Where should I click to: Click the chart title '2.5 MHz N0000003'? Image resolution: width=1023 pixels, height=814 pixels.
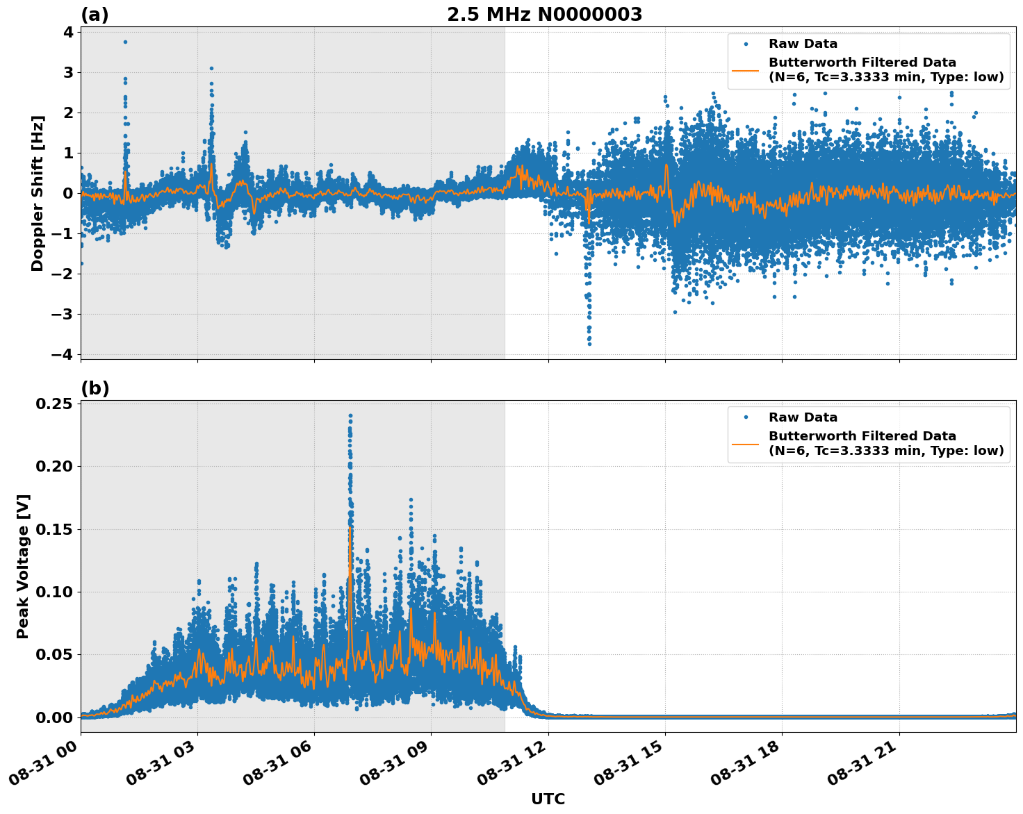coord(544,15)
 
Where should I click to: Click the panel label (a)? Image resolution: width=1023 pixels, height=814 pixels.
coord(95,15)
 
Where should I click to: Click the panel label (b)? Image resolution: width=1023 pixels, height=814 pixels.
coord(95,388)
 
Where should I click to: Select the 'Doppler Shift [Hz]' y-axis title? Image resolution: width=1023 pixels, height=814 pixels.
coord(38,193)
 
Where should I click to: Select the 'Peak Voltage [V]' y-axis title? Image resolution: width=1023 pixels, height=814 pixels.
coord(23,566)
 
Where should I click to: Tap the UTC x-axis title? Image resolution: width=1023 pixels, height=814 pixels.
coord(548,799)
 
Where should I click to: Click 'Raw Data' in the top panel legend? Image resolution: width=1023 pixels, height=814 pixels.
coord(803,44)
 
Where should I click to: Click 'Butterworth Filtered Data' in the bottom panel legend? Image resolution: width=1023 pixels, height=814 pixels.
coord(862,436)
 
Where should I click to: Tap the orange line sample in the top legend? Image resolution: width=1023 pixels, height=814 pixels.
coord(746,70)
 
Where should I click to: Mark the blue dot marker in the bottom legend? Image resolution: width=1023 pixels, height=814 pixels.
coord(746,417)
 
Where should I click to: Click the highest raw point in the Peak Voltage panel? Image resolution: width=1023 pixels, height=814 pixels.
coord(350,416)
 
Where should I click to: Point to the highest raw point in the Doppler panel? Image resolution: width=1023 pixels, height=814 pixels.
coord(125,42)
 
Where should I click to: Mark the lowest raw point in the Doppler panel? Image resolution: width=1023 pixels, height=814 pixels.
coord(589,344)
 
